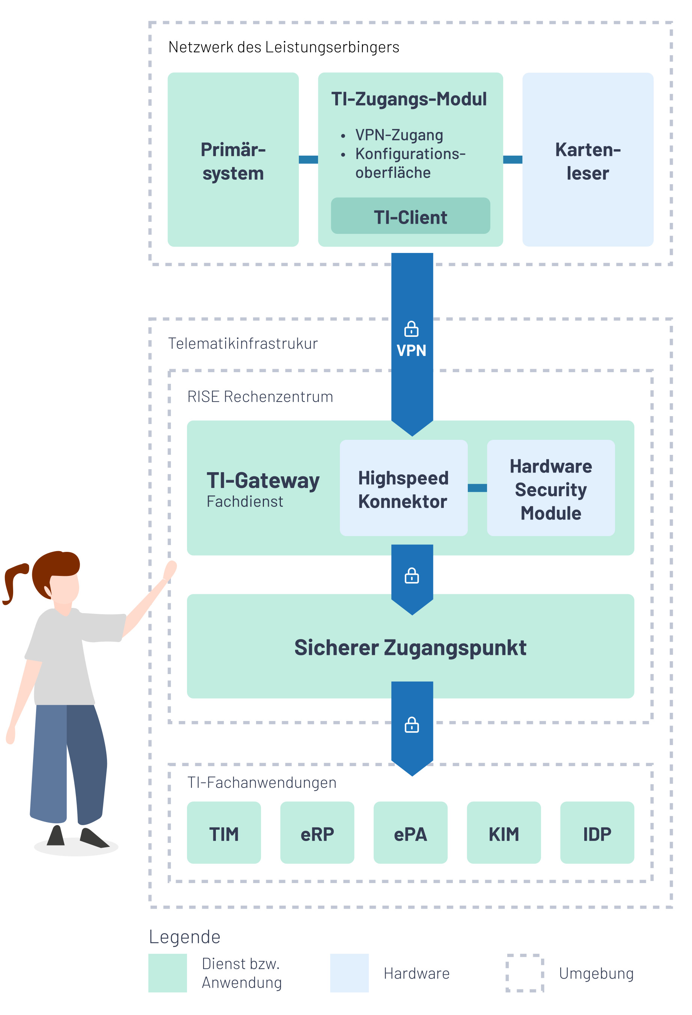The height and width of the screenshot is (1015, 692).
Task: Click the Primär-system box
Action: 233,160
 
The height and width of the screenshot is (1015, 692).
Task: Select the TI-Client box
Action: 410,217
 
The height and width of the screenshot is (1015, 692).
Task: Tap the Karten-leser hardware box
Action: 587,160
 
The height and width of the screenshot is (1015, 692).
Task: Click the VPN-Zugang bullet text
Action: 399,135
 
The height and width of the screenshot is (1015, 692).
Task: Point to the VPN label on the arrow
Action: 412,351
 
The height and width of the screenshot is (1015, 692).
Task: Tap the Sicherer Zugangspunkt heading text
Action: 410,648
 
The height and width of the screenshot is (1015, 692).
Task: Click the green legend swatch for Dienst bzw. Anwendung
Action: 167,973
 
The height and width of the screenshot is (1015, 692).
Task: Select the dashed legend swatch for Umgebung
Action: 525,973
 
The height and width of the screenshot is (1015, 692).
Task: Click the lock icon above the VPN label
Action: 412,329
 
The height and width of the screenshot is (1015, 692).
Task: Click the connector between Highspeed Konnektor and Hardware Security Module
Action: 477,488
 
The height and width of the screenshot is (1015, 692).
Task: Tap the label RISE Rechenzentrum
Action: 260,397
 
